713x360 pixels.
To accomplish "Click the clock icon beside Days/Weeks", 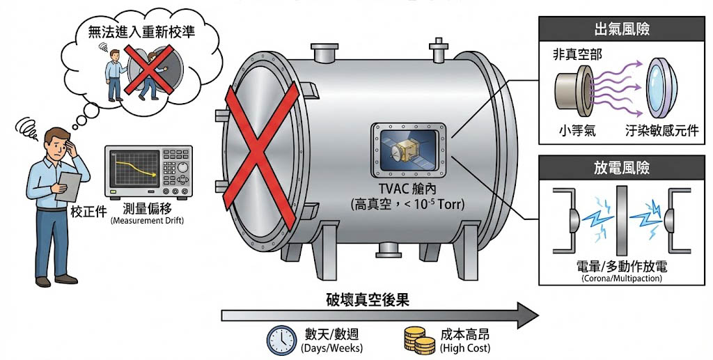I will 282,339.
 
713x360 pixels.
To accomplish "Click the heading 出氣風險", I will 621,30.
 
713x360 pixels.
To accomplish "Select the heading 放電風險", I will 621,168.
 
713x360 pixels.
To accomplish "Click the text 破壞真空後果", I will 368,300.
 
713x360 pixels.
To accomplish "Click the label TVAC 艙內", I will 407,189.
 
